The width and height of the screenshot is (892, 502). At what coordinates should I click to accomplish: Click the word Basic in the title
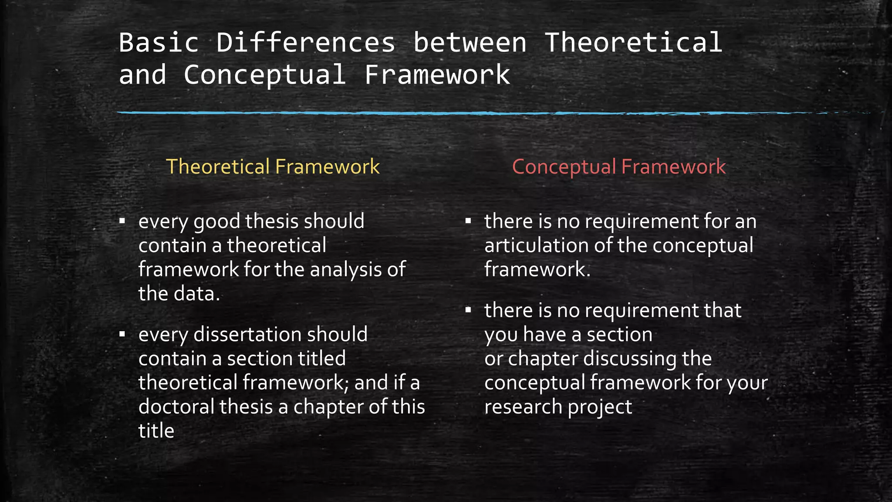tap(159, 43)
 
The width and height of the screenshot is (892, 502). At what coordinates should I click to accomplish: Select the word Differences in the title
tap(306, 43)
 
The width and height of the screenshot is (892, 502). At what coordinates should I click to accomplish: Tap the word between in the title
tap(470, 43)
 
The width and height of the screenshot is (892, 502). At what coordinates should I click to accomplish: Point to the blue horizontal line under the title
tap(436, 113)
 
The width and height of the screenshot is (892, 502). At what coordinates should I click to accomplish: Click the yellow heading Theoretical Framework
tap(273, 166)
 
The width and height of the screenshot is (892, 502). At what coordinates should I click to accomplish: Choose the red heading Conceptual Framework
tap(618, 166)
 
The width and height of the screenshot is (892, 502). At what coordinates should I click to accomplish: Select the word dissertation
tap(247, 335)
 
